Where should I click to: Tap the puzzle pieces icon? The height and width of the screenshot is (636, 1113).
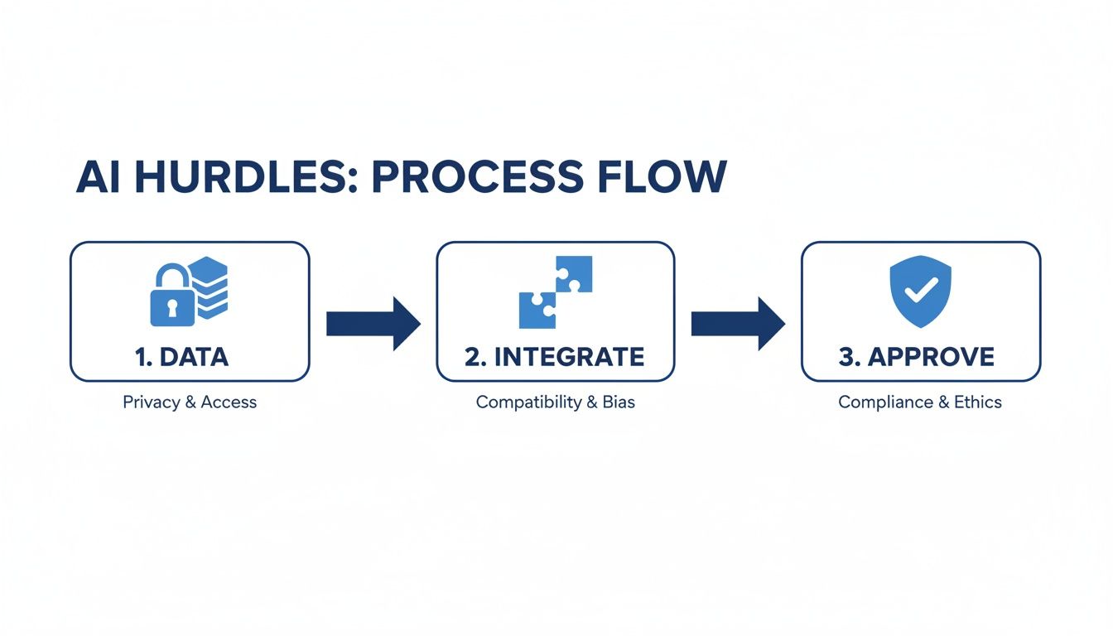[x=555, y=291]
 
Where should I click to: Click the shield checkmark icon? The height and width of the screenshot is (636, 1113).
[x=920, y=287]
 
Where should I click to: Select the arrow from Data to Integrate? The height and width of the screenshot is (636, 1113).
[x=373, y=323]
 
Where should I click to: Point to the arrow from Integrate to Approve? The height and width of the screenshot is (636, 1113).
[x=738, y=323]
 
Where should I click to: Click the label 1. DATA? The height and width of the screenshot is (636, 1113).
[x=181, y=357]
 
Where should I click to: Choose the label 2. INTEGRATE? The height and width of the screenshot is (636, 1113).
[x=554, y=357]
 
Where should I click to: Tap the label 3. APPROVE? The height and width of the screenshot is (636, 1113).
[x=916, y=357]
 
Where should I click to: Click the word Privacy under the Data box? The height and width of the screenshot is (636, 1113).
[x=152, y=402]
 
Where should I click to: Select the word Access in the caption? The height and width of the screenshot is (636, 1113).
[x=229, y=402]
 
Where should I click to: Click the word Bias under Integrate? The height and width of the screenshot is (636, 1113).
[x=618, y=402]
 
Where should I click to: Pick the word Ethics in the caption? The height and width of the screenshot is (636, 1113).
[x=977, y=402]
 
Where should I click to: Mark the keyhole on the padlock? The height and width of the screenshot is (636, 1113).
[x=172, y=307]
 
